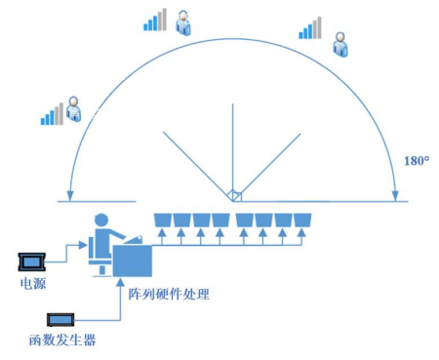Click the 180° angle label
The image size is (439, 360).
(x=417, y=160)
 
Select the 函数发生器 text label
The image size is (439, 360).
(x=62, y=340)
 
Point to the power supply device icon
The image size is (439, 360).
(x=32, y=261)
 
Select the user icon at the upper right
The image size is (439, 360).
(x=339, y=43)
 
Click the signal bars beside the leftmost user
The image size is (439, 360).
(x=51, y=114)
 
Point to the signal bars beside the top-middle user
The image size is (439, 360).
(x=155, y=20)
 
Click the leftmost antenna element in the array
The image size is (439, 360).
(x=163, y=219)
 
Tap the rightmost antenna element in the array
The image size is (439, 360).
(x=303, y=219)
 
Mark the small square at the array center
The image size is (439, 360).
(x=234, y=196)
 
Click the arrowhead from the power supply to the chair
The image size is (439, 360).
(x=85, y=246)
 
